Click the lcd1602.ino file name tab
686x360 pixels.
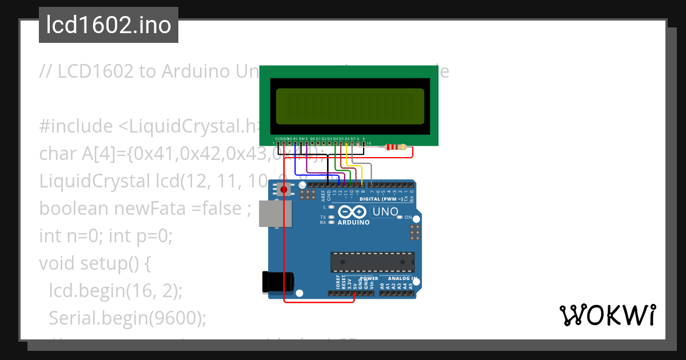[x=109, y=26]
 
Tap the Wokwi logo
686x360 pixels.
[x=607, y=315]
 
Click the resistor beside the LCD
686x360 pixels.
[x=396, y=147]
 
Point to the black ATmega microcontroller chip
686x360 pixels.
[x=372, y=261]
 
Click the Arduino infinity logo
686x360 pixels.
[x=353, y=211]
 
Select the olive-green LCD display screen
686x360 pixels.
[x=350, y=107]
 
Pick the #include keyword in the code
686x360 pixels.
[x=76, y=126]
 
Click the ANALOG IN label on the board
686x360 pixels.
[x=400, y=278]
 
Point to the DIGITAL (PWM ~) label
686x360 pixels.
[x=384, y=199]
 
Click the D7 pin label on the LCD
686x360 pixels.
[x=352, y=138]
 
